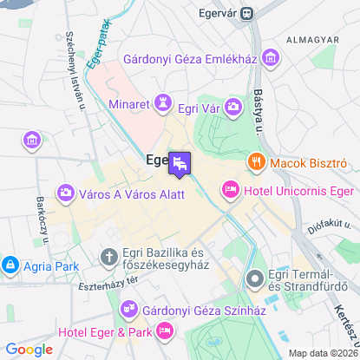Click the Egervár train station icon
pos(248,13)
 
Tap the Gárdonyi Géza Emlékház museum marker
pos(272,58)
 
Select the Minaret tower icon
pos(162,104)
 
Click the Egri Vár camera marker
pos(233,107)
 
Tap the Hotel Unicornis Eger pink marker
pos(230,188)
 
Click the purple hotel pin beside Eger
pos(180,163)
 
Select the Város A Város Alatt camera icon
pos(64,193)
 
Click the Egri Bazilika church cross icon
pos(108,258)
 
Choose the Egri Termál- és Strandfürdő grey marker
pos(254,278)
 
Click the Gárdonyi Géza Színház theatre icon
pos(129,307)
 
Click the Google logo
pos(29,349)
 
